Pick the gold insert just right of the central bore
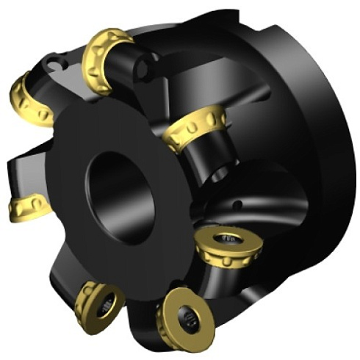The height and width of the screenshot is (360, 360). coord(195,126)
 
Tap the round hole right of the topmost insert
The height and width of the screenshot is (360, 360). coord(145,70)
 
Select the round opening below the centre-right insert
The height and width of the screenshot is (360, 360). coord(218,173)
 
